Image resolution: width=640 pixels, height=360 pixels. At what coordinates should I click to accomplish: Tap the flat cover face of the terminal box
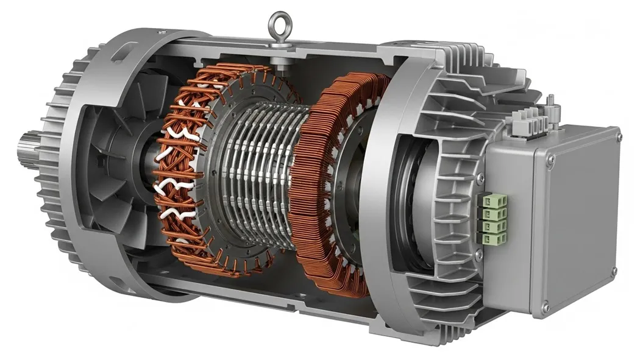(x=579, y=225)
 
